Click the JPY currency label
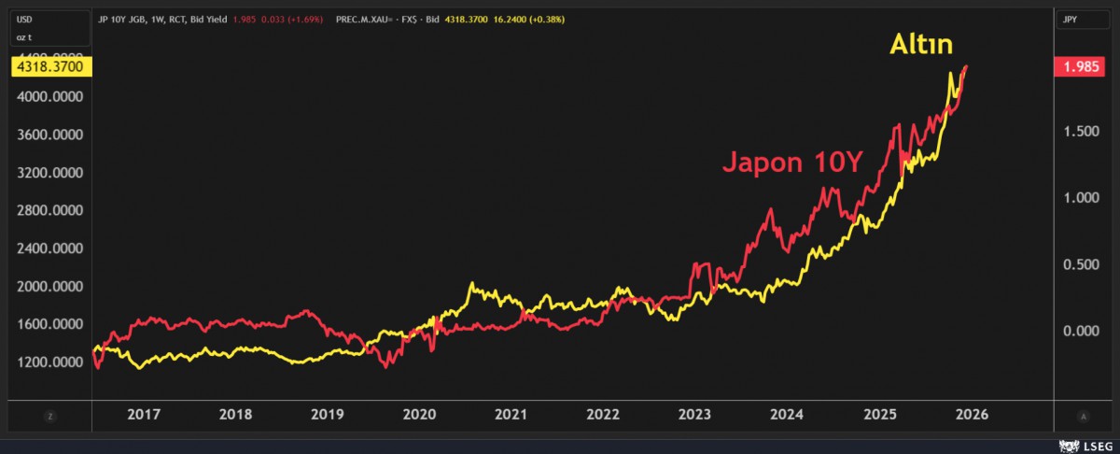click(x=1072, y=19)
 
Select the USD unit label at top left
click(x=25, y=19)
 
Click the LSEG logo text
click(x=1093, y=445)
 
